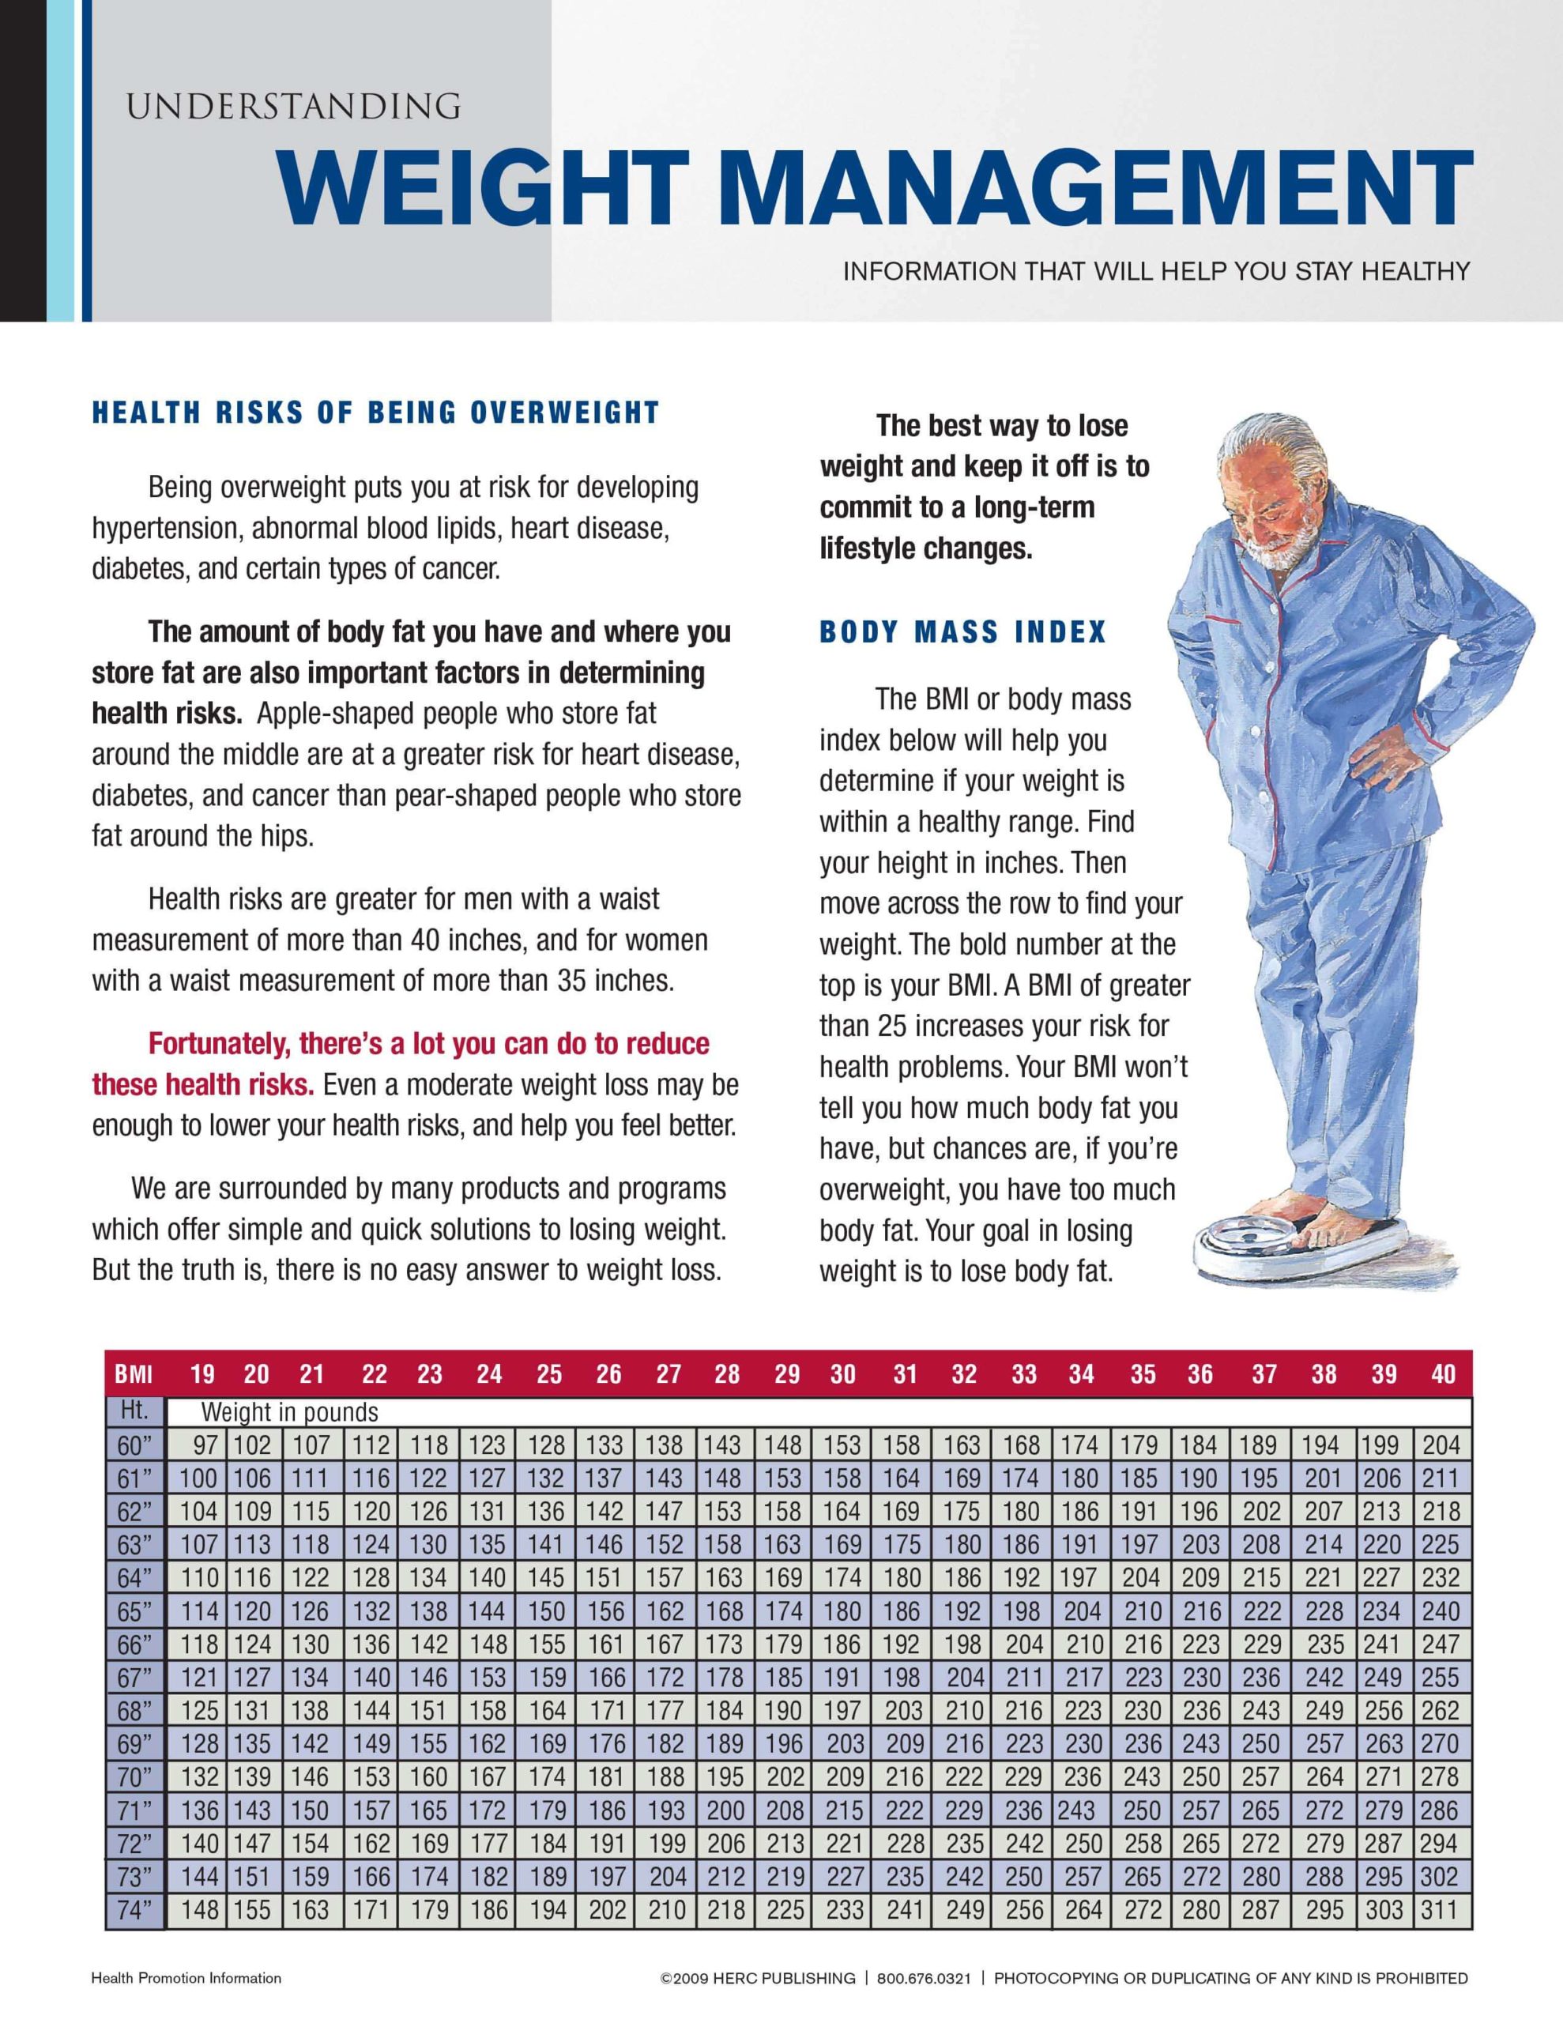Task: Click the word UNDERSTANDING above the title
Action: pos(293,107)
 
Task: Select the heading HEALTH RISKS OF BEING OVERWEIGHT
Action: pos(375,413)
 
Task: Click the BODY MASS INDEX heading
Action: pos(962,633)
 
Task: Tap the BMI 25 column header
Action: pos(548,1373)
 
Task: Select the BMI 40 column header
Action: pos(1443,1373)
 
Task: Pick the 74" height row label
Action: pos(135,1909)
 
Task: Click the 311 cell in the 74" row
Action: pos(1440,1909)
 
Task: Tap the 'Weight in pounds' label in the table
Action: pos(290,1411)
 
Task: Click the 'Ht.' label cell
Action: pos(135,1411)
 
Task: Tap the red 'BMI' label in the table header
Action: pos(134,1373)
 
